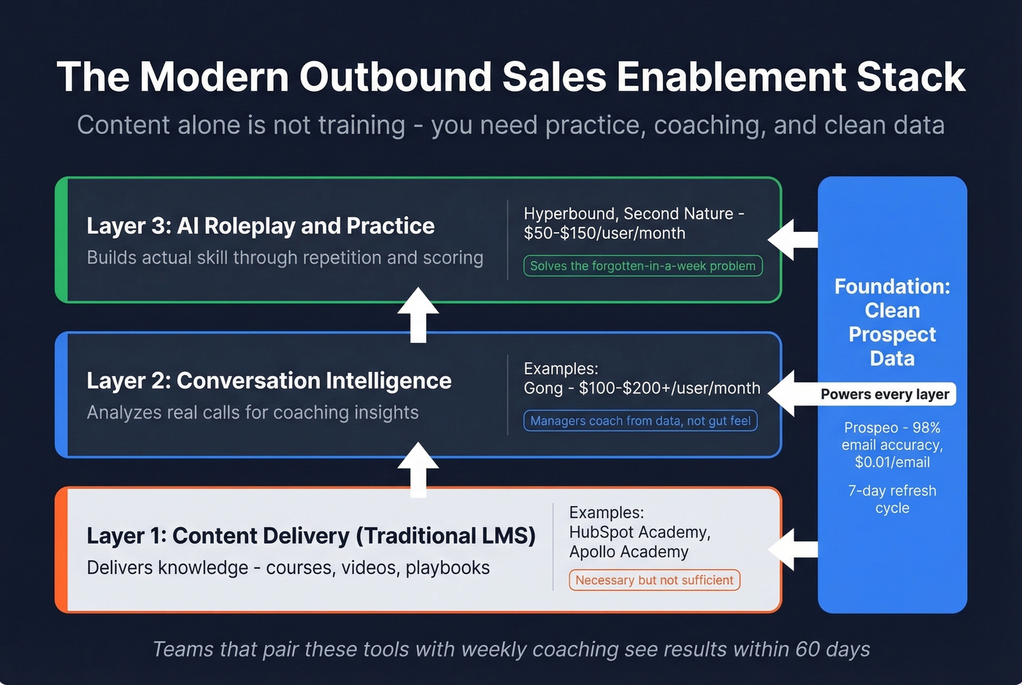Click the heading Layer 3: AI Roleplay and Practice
click(261, 226)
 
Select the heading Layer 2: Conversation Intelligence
click(269, 381)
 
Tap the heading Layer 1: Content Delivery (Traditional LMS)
click(311, 536)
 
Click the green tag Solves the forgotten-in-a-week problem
click(642, 266)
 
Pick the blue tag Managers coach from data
click(640, 421)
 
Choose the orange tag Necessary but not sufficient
click(654, 581)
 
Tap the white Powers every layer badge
click(885, 395)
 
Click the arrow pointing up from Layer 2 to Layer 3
click(418, 314)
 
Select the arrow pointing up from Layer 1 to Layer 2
click(418, 469)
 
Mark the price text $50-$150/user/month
click(604, 233)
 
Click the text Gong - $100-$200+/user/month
click(642, 389)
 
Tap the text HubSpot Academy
click(639, 533)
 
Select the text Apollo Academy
click(629, 552)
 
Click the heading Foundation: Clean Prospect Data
click(892, 322)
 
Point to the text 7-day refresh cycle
click(892, 499)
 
